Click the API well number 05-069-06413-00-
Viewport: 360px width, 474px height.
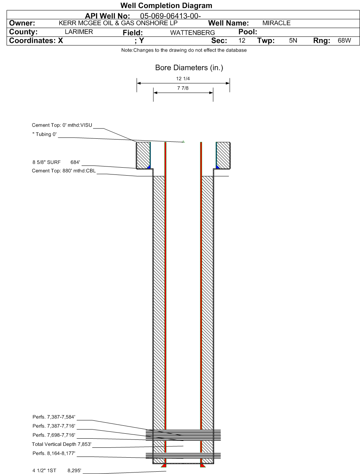(x=171, y=16)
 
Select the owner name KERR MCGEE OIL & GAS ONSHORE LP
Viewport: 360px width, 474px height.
(x=118, y=23)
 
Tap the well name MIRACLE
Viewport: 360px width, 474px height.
(x=276, y=23)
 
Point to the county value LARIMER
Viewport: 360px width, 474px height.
(x=79, y=32)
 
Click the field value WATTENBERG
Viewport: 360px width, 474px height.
(x=193, y=33)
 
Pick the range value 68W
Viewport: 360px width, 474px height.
(x=344, y=41)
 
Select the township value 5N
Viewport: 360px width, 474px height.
(x=293, y=41)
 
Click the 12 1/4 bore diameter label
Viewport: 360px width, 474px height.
(x=183, y=79)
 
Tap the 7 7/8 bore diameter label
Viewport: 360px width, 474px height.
(x=183, y=88)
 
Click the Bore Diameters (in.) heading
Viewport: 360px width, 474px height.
(x=189, y=68)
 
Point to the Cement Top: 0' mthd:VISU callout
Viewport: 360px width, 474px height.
(x=62, y=125)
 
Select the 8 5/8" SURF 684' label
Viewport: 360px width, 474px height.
(x=56, y=162)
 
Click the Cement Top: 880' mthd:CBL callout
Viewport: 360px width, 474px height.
(x=64, y=171)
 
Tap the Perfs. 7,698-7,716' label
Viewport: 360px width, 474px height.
(x=54, y=435)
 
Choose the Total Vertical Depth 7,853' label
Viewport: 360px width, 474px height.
(x=62, y=444)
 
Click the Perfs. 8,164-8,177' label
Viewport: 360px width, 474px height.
(x=54, y=453)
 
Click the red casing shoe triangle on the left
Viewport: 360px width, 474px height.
(x=164, y=465)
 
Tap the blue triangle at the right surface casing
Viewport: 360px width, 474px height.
(x=218, y=167)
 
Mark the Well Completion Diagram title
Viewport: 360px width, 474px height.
(x=166, y=5)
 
